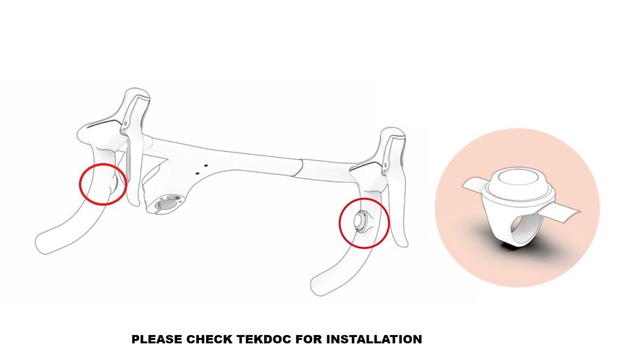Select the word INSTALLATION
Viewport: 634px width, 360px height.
click(374, 340)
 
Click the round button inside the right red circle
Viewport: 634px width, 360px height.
click(360, 221)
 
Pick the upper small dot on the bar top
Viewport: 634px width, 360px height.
click(206, 165)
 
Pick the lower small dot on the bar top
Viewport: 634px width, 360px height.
click(198, 173)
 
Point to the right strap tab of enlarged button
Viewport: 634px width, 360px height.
click(565, 216)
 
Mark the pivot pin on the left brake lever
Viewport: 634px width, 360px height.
click(125, 124)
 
